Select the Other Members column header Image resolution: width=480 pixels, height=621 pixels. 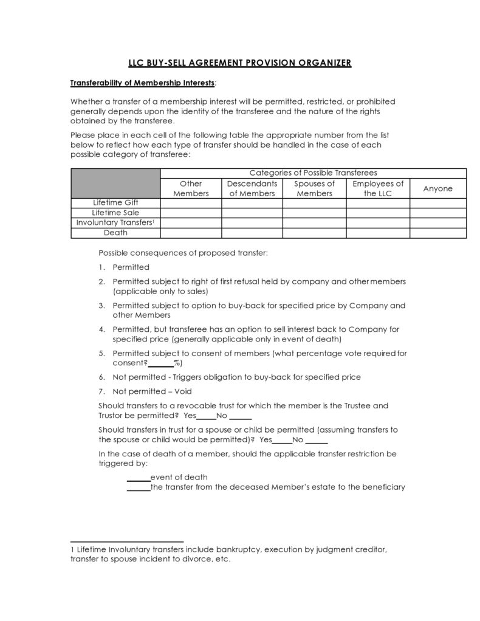(191, 188)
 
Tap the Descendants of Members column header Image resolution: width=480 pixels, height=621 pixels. (252, 188)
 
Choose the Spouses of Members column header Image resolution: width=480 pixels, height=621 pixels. (314, 188)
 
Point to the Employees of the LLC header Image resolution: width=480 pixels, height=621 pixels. (378, 188)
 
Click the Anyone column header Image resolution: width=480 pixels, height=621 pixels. (437, 188)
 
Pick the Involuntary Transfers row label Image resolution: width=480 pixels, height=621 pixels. (115, 222)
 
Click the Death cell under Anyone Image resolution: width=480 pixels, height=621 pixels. (437, 232)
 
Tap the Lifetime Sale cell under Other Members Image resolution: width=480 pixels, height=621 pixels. (191, 213)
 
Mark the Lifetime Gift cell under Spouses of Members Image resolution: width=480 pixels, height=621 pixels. (314, 202)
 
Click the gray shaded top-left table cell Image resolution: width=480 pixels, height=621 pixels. (115, 183)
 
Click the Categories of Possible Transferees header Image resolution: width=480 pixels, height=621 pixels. (313, 173)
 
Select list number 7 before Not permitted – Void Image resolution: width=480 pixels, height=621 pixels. (101, 391)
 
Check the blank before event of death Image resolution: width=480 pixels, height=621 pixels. (138, 477)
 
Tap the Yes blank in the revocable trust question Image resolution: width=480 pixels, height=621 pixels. (207, 416)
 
